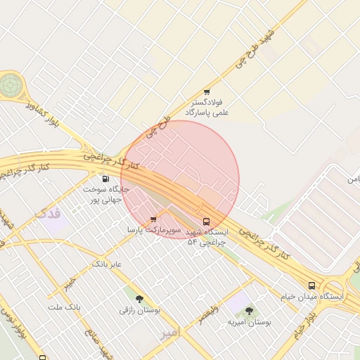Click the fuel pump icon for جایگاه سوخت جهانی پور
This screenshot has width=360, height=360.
pyautogui.click(x=105, y=179)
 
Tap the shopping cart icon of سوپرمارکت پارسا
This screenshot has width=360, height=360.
pyautogui.click(x=153, y=219)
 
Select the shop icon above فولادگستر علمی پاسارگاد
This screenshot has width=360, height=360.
pyautogui.click(x=207, y=92)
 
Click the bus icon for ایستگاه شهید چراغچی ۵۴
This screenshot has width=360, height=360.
pyautogui.click(x=206, y=221)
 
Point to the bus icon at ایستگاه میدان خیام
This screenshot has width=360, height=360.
pyautogui.click(x=311, y=285)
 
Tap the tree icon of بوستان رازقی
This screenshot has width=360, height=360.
pyautogui.click(x=139, y=299)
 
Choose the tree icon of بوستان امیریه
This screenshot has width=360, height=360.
pyautogui.click(x=249, y=310)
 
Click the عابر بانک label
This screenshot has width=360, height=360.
pyautogui.click(x=107, y=264)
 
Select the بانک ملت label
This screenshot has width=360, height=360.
pyautogui.click(x=65, y=308)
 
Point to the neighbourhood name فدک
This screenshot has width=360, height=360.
pyautogui.click(x=49, y=211)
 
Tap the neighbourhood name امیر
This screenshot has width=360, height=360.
pyautogui.click(x=171, y=330)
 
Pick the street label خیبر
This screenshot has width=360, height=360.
pyautogui.click(x=68, y=283)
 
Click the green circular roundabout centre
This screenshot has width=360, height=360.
pyautogui.click(x=11, y=85)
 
